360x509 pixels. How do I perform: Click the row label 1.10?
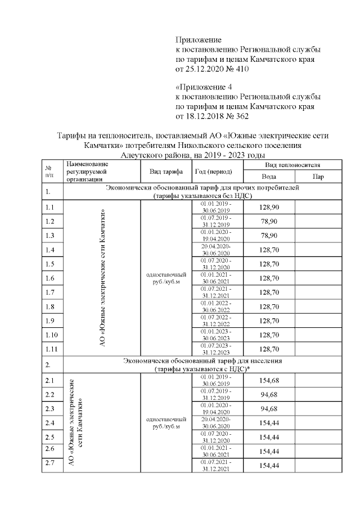tap(51, 335)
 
